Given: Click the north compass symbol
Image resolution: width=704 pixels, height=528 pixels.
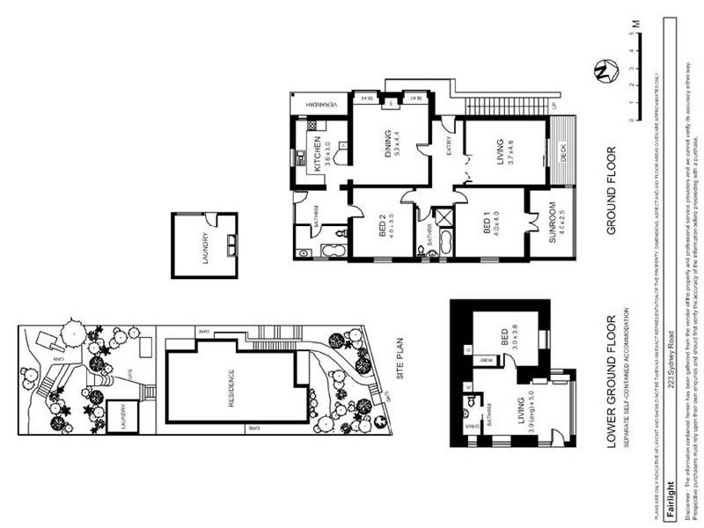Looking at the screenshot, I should point(604,71).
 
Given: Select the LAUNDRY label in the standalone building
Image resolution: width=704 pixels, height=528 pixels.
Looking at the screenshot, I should point(204,247).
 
